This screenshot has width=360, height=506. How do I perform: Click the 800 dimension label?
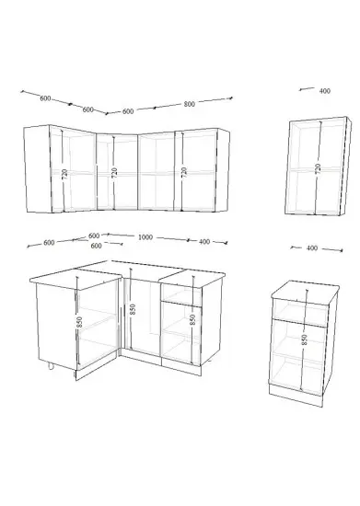click(190, 104)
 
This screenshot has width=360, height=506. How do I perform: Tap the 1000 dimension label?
click(145, 237)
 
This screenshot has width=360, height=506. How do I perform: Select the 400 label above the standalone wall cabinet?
click(325, 91)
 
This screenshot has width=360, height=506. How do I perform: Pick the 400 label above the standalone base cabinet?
click(312, 247)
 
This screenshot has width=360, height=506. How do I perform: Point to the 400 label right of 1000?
click(204, 241)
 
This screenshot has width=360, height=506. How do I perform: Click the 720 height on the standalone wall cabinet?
click(318, 168)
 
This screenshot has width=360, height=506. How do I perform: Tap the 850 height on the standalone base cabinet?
click(305, 339)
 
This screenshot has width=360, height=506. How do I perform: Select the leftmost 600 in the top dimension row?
click(45, 98)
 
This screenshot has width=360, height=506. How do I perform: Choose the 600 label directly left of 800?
click(128, 111)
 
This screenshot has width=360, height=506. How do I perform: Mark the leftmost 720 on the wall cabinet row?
click(64, 174)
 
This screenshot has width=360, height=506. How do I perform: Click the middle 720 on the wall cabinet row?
click(114, 173)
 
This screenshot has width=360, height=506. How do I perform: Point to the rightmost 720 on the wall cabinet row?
click(184, 172)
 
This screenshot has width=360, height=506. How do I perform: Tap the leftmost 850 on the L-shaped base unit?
click(79, 322)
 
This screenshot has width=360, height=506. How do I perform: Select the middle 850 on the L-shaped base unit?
click(133, 309)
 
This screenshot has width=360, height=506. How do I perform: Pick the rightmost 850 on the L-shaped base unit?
click(192, 319)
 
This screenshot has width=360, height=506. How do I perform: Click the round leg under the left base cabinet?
click(51, 365)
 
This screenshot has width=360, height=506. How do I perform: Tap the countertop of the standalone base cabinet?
click(306, 292)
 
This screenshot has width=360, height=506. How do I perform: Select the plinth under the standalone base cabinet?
click(296, 395)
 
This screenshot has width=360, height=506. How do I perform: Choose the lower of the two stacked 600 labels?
click(97, 246)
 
